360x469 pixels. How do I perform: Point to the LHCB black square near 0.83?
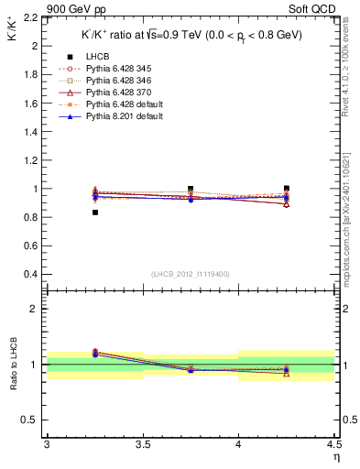pyautogui.click(x=94, y=213)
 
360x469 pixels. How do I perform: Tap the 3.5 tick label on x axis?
pyautogui.click(x=142, y=445)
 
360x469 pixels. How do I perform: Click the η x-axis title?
pyautogui.click(x=335, y=455)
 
